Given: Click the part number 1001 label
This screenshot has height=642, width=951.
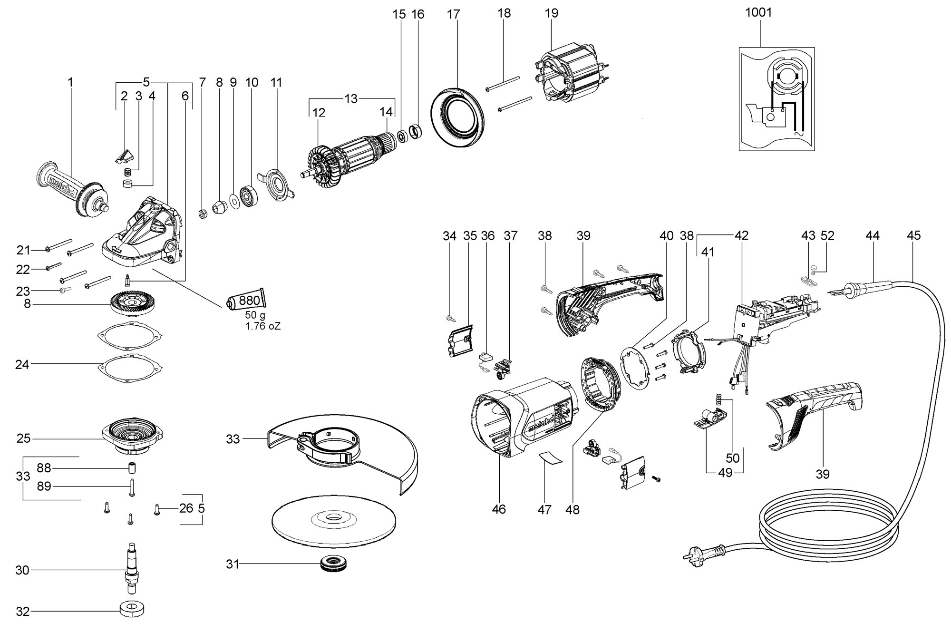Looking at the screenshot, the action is coord(758,12).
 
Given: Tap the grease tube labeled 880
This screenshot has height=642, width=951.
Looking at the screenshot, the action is coord(245,299).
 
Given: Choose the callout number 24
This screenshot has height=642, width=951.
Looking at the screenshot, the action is coord(22,365).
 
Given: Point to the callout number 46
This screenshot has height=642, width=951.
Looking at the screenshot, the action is coord(499,509).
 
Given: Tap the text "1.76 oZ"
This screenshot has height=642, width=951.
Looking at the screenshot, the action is coord(263,326).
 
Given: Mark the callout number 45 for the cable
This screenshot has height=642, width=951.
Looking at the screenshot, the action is coord(913,235).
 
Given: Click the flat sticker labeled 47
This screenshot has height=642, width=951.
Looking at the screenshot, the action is coord(550,458).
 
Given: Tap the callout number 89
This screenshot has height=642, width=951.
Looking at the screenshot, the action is coord(44,486).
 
